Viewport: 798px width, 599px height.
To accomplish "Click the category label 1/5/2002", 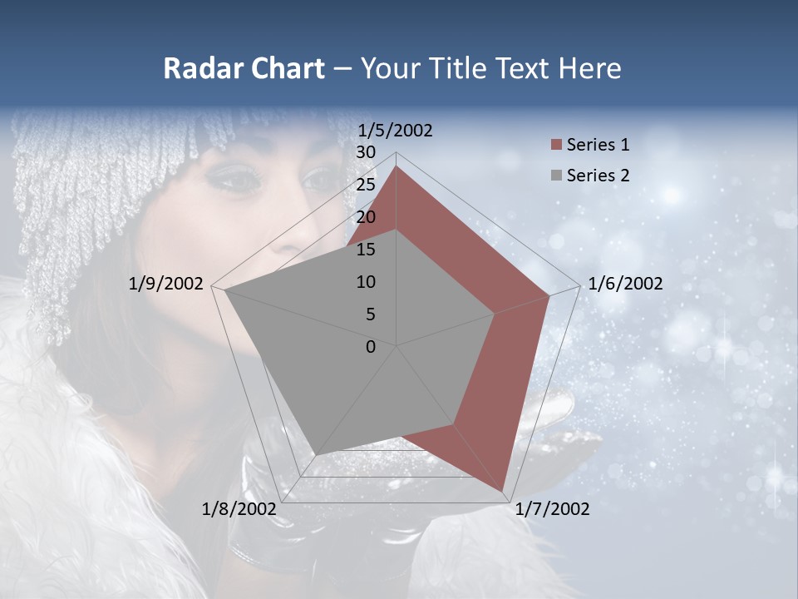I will point(395,131).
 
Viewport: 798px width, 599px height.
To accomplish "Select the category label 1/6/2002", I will point(625,284).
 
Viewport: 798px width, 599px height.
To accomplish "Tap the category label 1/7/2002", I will point(552,509).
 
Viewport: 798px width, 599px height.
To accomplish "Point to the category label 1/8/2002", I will point(239,509).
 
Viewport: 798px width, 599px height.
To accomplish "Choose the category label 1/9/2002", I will point(165,284).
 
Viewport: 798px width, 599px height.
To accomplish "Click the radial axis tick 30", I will point(366,152).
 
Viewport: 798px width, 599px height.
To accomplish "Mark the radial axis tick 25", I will point(366,185).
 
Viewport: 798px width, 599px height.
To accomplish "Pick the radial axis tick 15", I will point(366,250).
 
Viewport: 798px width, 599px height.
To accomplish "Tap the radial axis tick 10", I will point(366,282).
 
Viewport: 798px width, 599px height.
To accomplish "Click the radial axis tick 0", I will point(371,347).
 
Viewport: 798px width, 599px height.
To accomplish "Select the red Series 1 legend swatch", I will point(556,146).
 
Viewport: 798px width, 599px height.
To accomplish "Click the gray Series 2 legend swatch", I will point(556,176).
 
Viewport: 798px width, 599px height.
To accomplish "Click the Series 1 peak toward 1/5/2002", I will point(397,166).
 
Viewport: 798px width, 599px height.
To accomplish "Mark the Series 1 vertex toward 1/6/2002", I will point(549,295).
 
